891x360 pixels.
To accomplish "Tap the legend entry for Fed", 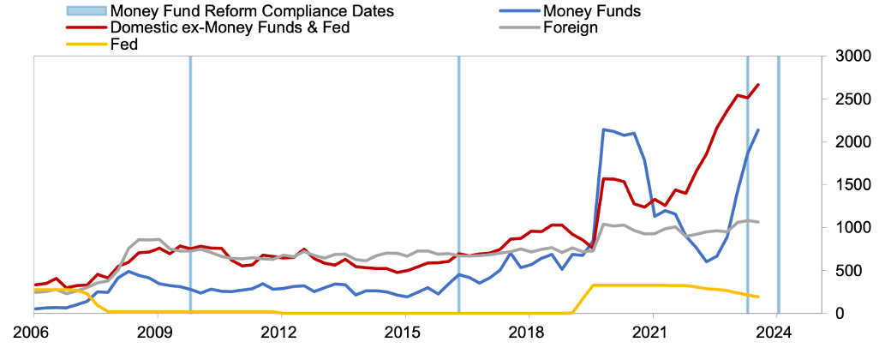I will [x=124, y=45].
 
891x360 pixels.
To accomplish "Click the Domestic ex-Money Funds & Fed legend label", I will [x=230, y=27].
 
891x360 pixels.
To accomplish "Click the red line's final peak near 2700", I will [x=758, y=84].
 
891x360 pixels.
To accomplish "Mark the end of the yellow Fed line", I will [x=758, y=297].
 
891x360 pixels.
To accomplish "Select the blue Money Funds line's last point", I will [x=758, y=129].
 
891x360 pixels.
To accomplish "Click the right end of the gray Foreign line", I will [x=758, y=222].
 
